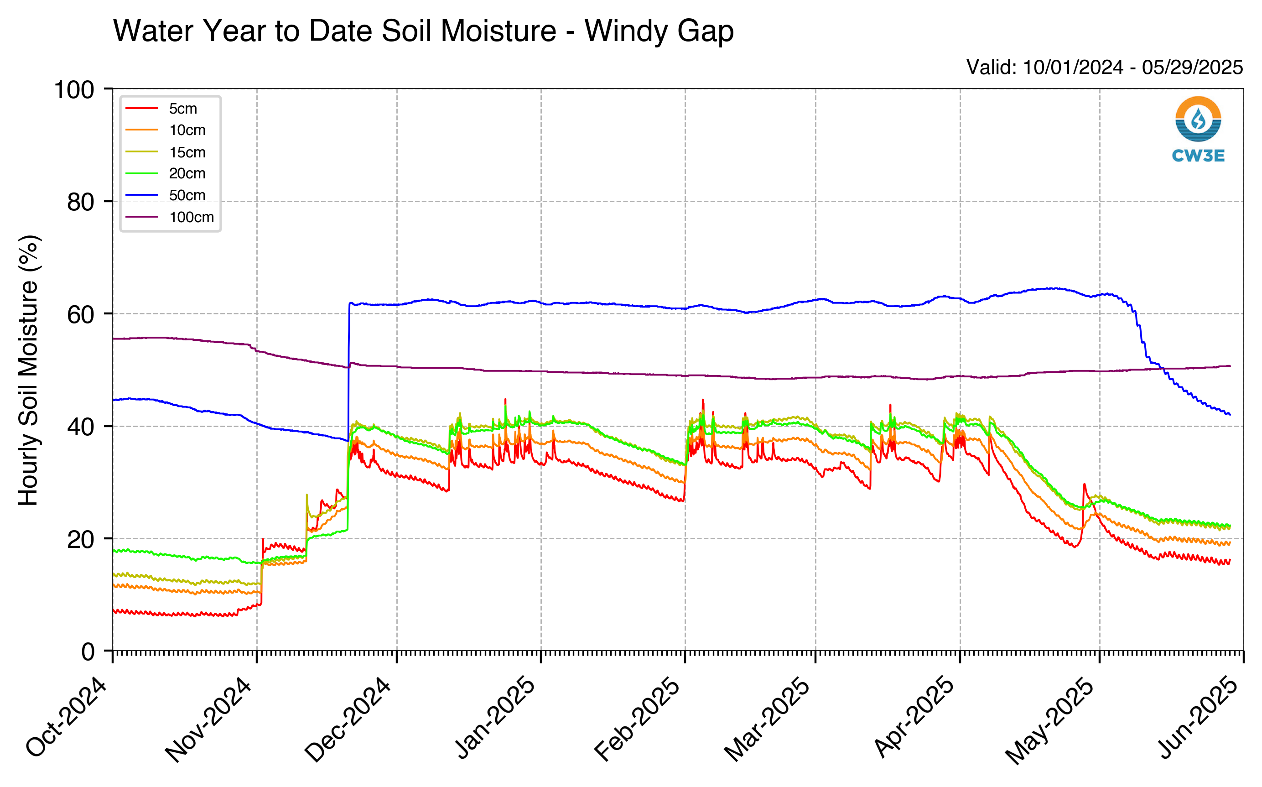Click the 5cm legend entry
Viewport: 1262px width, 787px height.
pyautogui.click(x=161, y=108)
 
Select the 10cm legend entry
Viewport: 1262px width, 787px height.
pyautogui.click(x=166, y=130)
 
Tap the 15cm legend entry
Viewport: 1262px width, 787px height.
pyautogui.click(x=166, y=152)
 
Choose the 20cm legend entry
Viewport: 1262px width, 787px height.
pyautogui.click(x=166, y=173)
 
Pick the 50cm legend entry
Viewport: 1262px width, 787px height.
pyautogui.click(x=166, y=195)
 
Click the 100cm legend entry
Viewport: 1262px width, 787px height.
pyautogui.click(x=170, y=217)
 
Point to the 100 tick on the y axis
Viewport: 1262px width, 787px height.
pyautogui.click(x=74, y=89)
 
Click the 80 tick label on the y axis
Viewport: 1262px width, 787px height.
pyautogui.click(x=81, y=202)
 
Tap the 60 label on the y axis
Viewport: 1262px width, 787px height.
pyautogui.click(x=81, y=314)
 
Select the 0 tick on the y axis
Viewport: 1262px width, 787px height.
pyautogui.click(x=88, y=651)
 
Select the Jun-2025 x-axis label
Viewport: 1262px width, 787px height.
pyautogui.click(x=1198, y=717)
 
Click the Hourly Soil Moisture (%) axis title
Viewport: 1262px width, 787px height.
pyautogui.click(x=29, y=370)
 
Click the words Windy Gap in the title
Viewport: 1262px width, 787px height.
pyautogui.click(x=659, y=31)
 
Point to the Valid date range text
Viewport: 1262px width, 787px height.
pyautogui.click(x=1104, y=67)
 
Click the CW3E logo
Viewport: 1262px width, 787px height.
pyautogui.click(x=1198, y=129)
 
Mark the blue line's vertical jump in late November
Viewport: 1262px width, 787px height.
pyautogui.click(x=348, y=372)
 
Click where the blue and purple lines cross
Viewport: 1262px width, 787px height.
pyautogui.click(x=1160, y=369)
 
